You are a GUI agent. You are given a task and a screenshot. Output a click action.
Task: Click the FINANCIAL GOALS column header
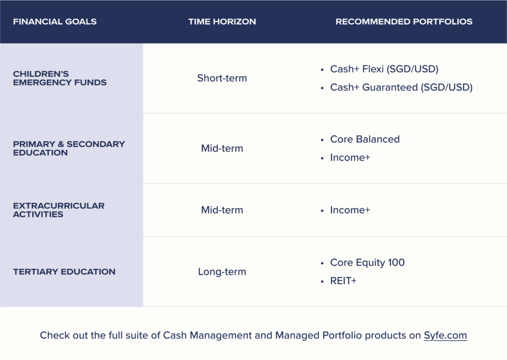tap(54, 22)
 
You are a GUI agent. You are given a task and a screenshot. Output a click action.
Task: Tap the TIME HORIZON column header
tap(222, 22)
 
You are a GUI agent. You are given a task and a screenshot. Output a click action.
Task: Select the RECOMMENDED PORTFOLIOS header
tap(404, 22)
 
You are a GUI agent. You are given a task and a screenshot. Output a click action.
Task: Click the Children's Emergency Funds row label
tap(60, 78)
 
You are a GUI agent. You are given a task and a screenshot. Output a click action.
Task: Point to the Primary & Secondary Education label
tap(69, 149)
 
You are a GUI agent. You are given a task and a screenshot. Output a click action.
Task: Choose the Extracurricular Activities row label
tap(58, 210)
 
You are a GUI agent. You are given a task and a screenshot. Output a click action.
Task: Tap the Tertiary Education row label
tap(64, 272)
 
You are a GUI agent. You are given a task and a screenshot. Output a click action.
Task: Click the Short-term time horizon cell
tap(222, 78)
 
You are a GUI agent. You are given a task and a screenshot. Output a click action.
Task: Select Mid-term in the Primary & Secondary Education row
tap(222, 149)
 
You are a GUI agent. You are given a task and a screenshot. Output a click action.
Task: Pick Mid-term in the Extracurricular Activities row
tap(222, 210)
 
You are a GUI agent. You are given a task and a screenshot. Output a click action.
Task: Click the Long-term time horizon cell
tap(222, 272)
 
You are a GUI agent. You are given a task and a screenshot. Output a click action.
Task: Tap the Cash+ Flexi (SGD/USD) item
tap(384, 69)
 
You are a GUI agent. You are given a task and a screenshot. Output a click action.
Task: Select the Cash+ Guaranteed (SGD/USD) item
tap(401, 87)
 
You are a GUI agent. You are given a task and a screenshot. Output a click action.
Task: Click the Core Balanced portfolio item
tap(365, 139)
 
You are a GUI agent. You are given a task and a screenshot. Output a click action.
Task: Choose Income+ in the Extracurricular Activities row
tap(350, 210)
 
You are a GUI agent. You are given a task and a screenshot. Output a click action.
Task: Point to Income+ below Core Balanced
tap(350, 157)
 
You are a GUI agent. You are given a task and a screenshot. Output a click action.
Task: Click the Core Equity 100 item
tap(367, 262)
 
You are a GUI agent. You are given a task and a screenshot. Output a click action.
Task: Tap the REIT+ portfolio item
tap(343, 281)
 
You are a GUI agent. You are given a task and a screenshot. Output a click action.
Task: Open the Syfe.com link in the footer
tap(445, 335)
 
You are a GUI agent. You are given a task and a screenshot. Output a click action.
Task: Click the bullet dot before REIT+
tap(322, 282)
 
